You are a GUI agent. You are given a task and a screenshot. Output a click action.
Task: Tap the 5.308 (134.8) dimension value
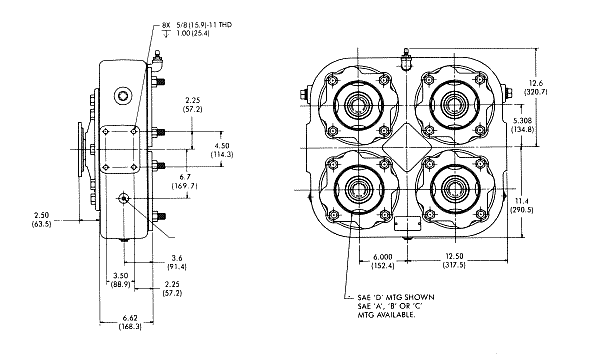pos(522,125)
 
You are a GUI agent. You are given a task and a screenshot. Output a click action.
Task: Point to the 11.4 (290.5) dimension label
pos(522,205)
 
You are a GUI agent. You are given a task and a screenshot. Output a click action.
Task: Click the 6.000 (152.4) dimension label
pos(383,261)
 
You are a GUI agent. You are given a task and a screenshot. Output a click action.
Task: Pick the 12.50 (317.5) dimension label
pos(454,261)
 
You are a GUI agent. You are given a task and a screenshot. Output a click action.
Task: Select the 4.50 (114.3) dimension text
pos(222,150)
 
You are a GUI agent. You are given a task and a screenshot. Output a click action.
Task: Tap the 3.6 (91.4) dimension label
pos(177,262)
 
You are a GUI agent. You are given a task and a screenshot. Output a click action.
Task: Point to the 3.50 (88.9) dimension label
pos(120,280)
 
